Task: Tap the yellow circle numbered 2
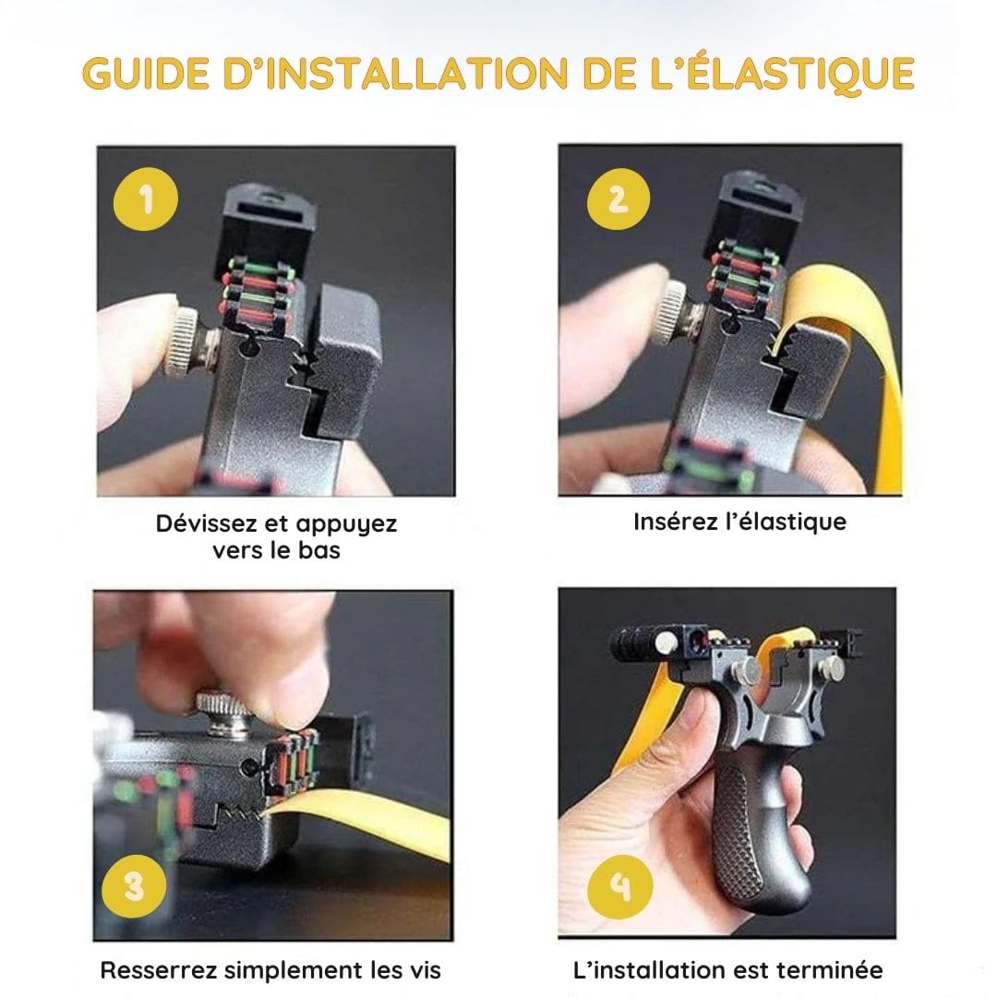(x=619, y=199)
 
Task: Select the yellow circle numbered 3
(x=135, y=887)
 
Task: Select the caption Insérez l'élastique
(x=739, y=522)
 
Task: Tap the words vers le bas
(x=276, y=551)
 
